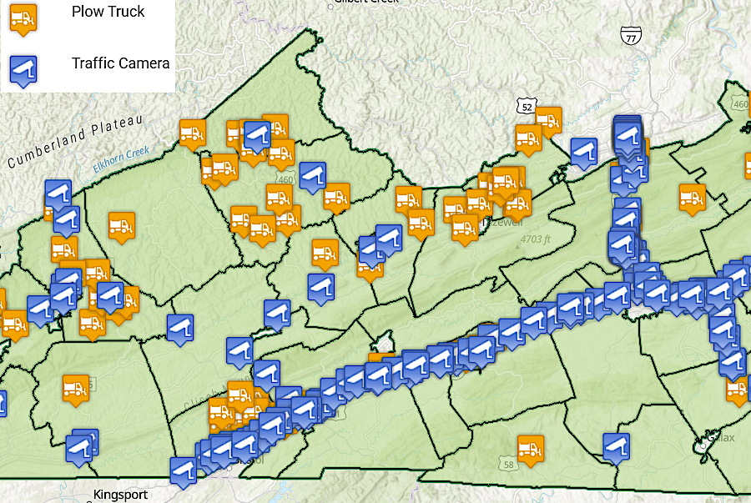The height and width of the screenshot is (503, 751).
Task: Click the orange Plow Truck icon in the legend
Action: tap(23, 18)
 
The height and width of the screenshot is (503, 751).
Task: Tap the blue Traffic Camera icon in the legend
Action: tap(23, 70)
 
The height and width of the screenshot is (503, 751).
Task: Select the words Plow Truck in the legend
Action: tap(108, 12)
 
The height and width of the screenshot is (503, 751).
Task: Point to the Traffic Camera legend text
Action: tap(120, 63)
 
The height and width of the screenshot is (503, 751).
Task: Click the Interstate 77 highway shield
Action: tap(631, 35)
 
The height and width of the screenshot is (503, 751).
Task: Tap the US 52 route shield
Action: tap(525, 107)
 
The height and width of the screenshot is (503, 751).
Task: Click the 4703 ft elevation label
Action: tap(536, 239)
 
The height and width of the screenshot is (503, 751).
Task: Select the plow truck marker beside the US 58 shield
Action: tap(530, 449)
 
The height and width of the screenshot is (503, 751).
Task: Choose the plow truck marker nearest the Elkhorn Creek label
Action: tap(193, 133)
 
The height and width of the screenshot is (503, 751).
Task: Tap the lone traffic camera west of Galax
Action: tap(616, 446)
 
